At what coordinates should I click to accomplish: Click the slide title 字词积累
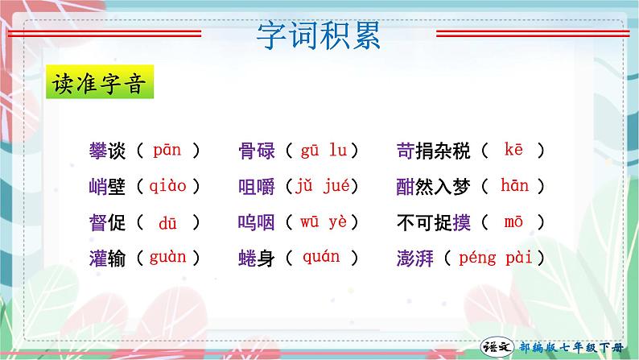[x=319, y=36]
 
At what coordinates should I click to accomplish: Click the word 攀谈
[x=106, y=151]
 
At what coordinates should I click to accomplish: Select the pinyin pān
[x=167, y=150]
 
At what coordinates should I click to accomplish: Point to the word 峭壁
[x=106, y=187]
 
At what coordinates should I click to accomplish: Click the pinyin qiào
[x=167, y=186]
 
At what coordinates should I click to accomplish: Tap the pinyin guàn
[x=167, y=258]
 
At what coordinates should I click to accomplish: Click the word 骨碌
[x=257, y=151]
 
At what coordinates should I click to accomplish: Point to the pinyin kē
[x=513, y=150]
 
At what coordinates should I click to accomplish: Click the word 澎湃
[x=415, y=259]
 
